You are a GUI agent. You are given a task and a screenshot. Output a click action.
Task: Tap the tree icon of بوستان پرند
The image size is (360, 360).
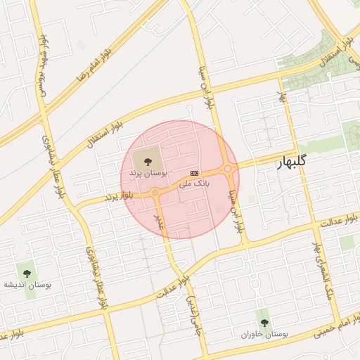click(147, 162)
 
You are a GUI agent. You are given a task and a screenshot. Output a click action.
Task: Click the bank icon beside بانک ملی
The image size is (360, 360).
click(194, 174)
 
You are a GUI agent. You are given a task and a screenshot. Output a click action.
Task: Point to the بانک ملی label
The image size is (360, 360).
click(194, 184)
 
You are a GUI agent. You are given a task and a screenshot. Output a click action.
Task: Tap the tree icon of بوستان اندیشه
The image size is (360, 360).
click(27, 272)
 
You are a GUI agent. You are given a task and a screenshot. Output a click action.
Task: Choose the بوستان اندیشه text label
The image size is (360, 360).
click(27, 285)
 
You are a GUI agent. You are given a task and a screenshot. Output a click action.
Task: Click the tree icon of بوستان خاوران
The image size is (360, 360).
click(264, 323)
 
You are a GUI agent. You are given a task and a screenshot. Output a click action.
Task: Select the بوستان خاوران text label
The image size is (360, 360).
click(264, 334)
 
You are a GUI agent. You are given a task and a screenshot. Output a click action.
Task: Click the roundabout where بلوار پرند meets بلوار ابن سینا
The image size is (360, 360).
click(228, 169)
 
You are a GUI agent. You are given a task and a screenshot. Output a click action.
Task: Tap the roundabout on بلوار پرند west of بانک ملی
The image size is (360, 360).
click(155, 192)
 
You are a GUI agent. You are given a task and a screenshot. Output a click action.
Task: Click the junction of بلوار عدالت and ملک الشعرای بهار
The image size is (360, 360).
click(312, 226)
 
